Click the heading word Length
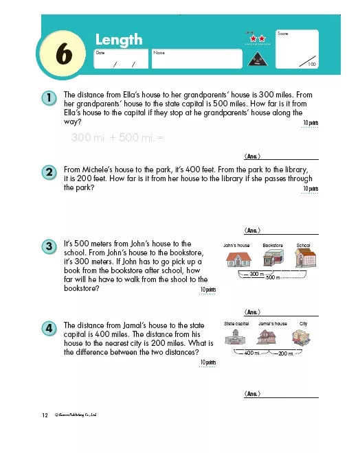(118, 40)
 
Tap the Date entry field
(121, 58)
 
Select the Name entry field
(196, 58)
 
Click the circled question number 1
(49, 99)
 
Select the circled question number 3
(49, 246)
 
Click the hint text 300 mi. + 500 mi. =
(117, 137)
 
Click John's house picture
(238, 259)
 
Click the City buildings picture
(302, 336)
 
